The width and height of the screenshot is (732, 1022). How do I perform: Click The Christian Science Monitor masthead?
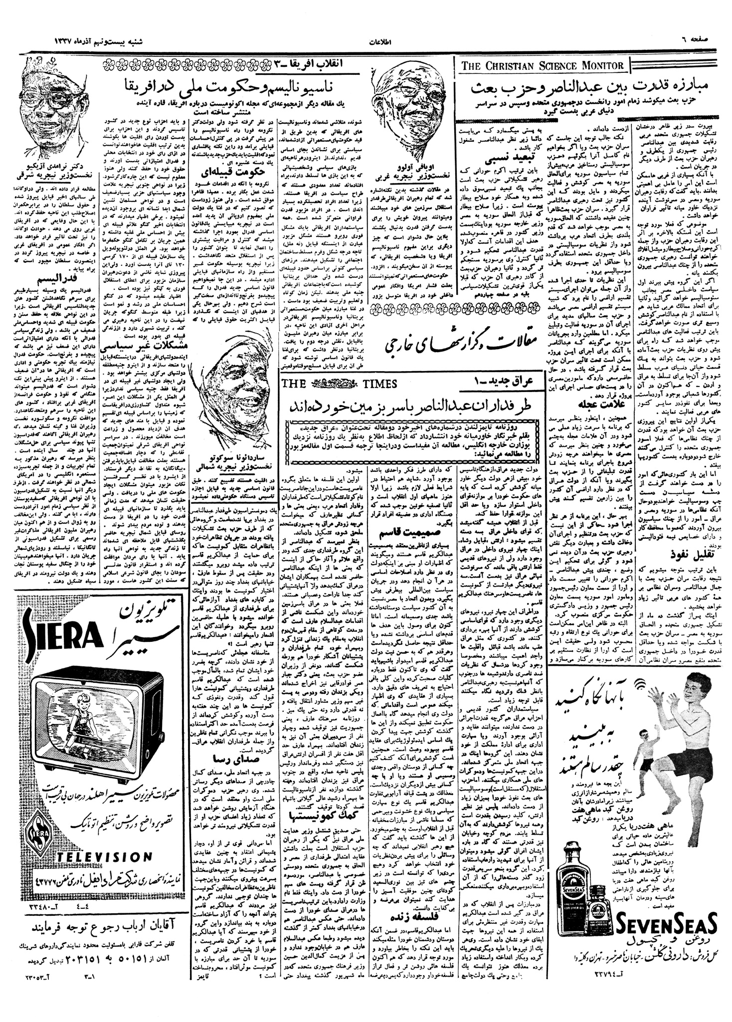[545, 65]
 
